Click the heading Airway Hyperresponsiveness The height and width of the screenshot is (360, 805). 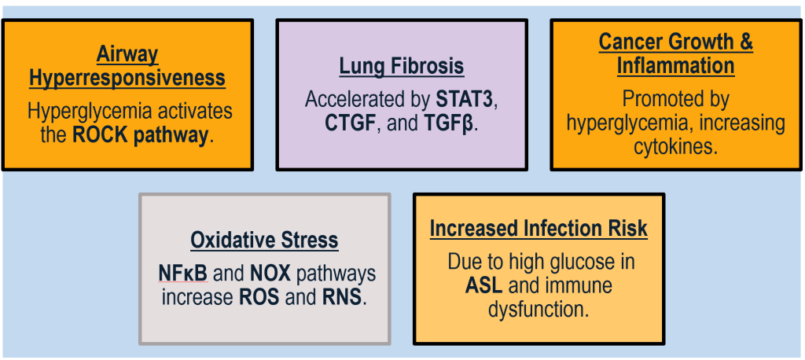point(127,67)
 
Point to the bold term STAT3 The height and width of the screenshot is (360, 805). point(468,100)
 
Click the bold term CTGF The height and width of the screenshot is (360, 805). point(350,123)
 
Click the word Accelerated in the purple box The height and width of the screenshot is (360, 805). point(367,100)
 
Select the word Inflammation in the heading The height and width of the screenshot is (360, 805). point(675,65)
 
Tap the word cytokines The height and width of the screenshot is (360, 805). point(675,146)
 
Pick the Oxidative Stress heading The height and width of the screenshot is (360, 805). point(264,240)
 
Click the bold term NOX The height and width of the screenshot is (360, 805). point(270,274)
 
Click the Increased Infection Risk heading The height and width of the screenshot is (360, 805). point(539,229)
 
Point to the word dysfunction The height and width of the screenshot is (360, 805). point(539,308)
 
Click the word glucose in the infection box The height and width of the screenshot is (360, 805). point(580,261)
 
